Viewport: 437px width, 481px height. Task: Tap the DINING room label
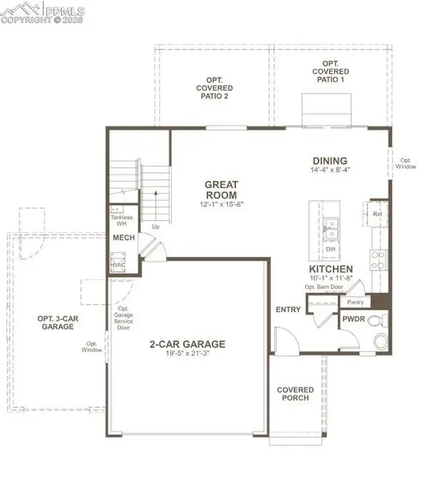click(329, 161)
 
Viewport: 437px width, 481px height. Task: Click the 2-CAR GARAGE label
click(187, 345)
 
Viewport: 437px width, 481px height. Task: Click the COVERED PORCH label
click(296, 394)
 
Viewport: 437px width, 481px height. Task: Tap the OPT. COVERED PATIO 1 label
click(330, 72)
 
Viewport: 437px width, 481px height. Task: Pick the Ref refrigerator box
click(377, 214)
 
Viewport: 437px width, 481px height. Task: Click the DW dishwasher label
click(330, 249)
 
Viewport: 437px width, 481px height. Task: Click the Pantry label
click(355, 302)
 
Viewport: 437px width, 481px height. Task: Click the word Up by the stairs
click(154, 227)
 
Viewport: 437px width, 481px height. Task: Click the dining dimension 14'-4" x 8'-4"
click(329, 171)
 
